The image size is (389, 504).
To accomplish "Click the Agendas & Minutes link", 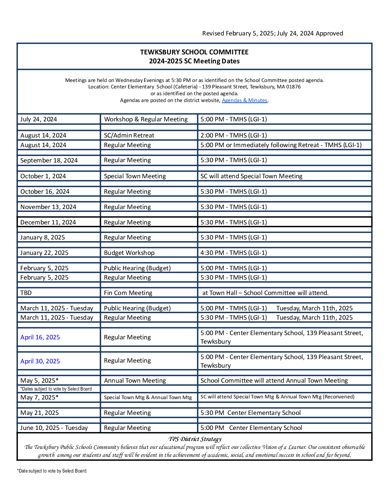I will tap(245, 101).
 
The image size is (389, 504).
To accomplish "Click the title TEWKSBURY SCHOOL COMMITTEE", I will tap(194, 52).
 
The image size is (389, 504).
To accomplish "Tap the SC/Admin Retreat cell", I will tap(129, 135).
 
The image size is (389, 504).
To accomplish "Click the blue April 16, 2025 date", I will tap(40, 337).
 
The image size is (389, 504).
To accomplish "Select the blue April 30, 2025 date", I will tap(40, 361).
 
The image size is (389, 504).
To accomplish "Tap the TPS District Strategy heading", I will tap(195, 439).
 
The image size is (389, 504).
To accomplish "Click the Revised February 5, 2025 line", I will tap(272, 33).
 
